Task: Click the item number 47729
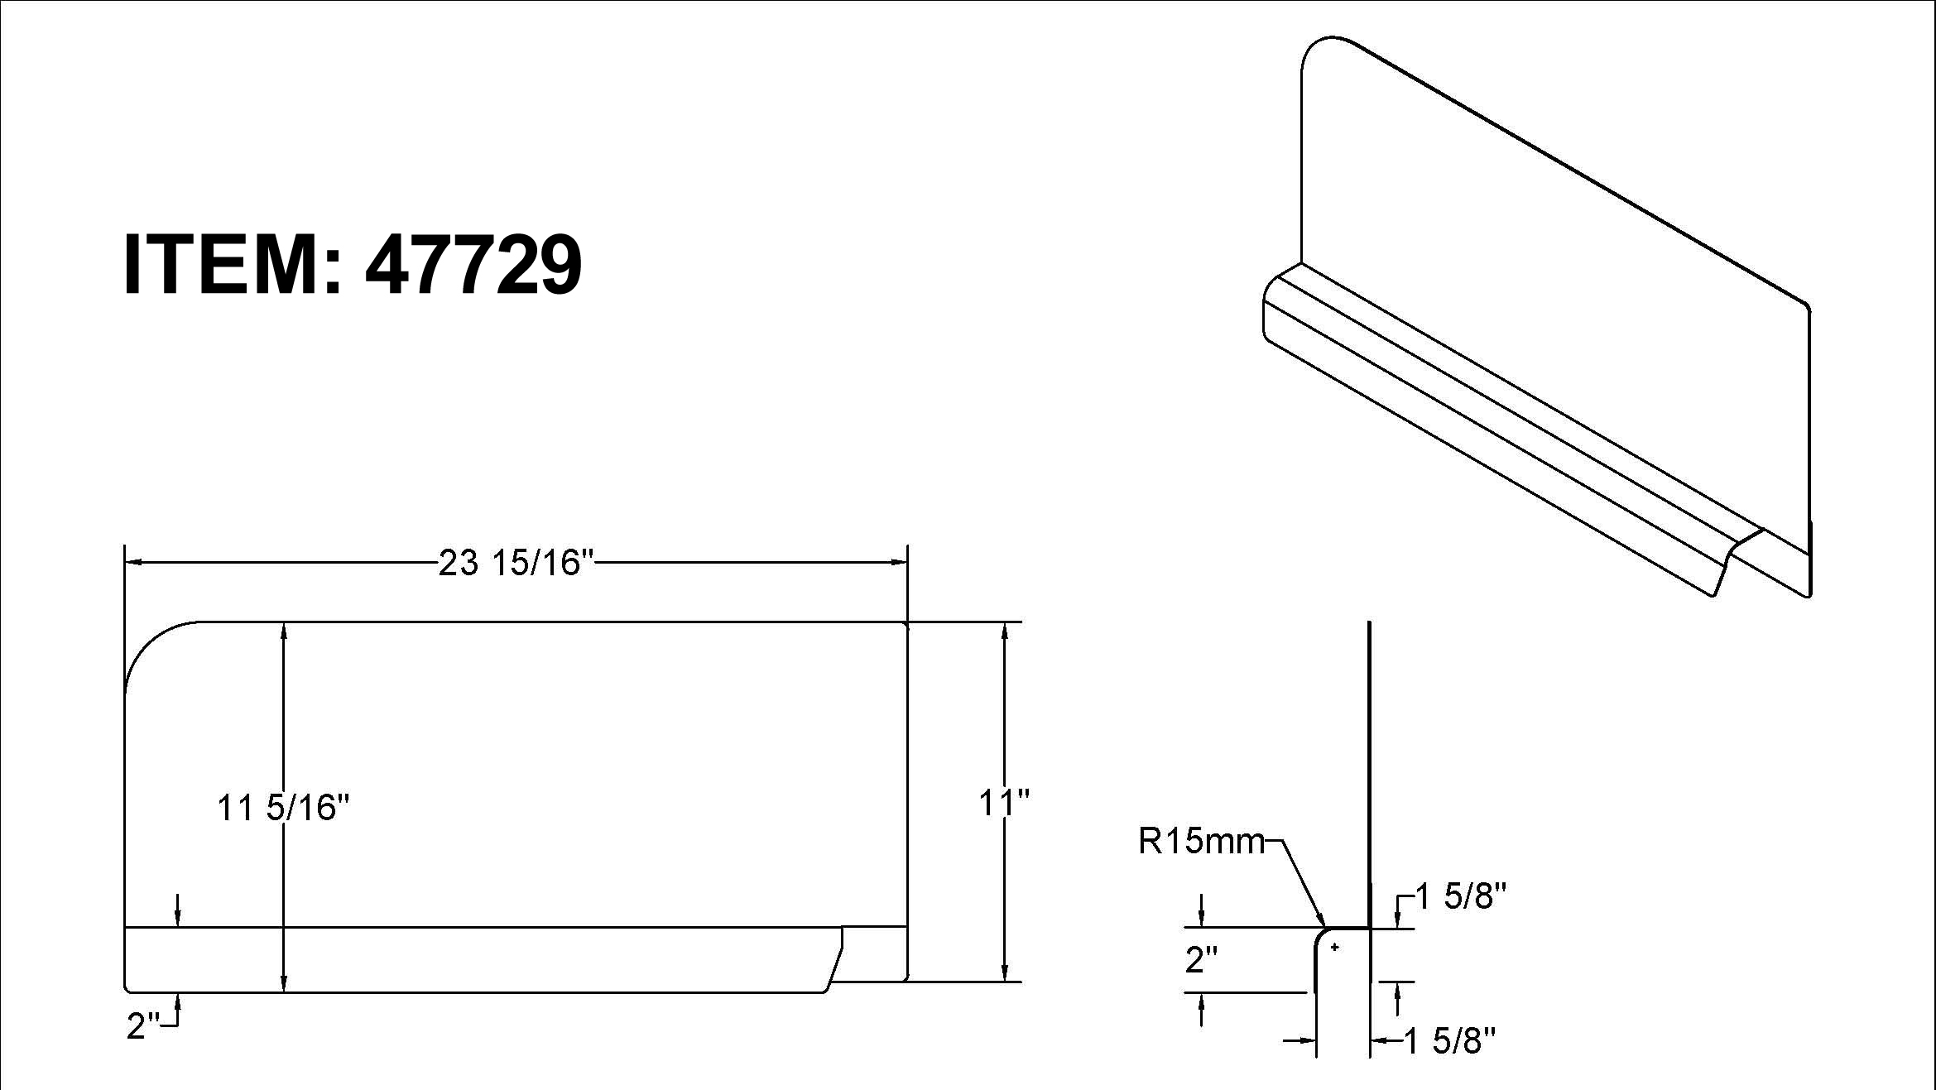pyautogui.click(x=473, y=264)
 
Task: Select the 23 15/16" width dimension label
pyautogui.click(x=516, y=563)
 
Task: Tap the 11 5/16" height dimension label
pyautogui.click(x=284, y=807)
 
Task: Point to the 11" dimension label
pyautogui.click(x=1004, y=802)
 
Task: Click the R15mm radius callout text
pyautogui.click(x=1202, y=842)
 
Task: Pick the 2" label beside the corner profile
pyautogui.click(x=1202, y=960)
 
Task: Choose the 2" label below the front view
pyautogui.click(x=143, y=1026)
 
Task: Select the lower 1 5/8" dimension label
pyautogui.click(x=1451, y=1041)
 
